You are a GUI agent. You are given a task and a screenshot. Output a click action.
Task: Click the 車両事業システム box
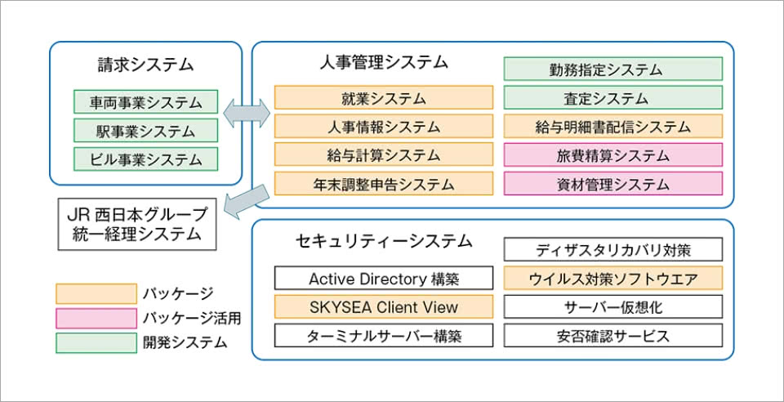[145, 102]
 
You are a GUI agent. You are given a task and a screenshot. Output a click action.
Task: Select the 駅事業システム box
[145, 131]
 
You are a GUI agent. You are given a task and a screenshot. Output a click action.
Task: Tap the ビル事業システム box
[145, 159]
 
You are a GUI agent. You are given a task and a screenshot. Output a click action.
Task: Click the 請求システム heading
[145, 64]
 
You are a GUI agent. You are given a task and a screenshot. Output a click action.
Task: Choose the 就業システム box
[384, 99]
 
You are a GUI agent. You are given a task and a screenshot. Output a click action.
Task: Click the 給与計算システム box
[384, 155]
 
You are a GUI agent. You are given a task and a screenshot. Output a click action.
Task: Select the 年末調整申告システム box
[384, 183]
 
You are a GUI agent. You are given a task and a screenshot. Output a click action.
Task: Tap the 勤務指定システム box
[612, 69]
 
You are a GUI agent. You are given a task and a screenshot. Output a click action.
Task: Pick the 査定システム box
[612, 98]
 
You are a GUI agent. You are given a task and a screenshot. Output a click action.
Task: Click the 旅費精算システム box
[612, 154]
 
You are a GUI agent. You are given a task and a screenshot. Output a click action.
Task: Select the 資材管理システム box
[612, 183]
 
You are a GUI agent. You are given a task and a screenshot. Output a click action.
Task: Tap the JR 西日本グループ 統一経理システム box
[137, 224]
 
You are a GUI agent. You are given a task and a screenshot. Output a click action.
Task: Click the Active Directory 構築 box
[384, 279]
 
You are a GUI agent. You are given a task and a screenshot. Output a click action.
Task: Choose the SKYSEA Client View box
[384, 307]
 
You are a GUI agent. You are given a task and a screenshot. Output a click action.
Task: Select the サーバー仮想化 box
[612, 307]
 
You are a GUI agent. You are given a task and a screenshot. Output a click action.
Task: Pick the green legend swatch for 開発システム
[96, 342]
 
